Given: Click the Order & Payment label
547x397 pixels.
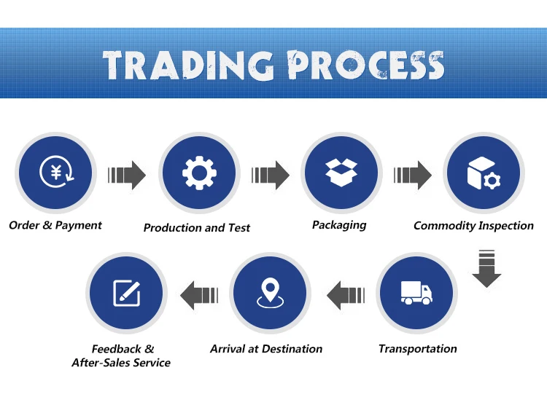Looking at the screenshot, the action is (x=55, y=225).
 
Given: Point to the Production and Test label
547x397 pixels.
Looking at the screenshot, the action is (x=197, y=228).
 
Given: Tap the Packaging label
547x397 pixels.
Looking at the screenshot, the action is (x=339, y=225).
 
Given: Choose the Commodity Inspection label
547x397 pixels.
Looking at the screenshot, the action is (x=474, y=226).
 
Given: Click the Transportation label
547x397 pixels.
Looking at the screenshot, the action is (x=418, y=349).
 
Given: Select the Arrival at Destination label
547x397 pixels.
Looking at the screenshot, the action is (x=266, y=349).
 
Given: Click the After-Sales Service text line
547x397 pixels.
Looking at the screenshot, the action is (x=121, y=363).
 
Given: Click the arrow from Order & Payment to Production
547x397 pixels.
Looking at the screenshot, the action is (x=128, y=175).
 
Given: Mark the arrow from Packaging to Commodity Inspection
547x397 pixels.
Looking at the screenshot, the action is (x=413, y=175).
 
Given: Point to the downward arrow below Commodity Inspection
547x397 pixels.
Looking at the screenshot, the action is (x=486, y=267).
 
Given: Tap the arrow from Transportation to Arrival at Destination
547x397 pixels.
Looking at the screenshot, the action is (x=345, y=294).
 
